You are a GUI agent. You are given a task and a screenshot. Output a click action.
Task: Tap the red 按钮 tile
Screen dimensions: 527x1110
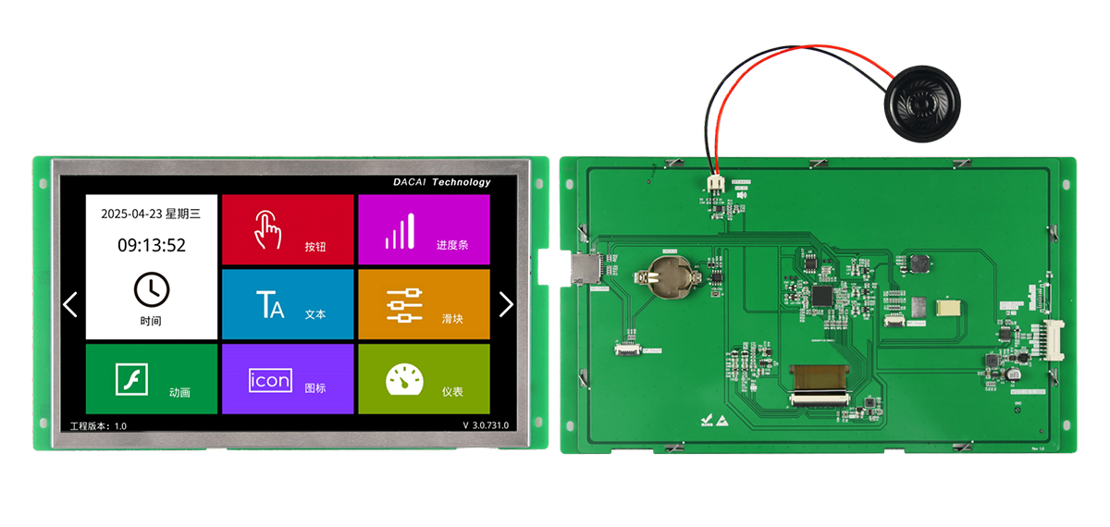tap(288, 229)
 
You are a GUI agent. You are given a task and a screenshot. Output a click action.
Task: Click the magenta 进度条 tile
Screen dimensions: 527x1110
tap(424, 229)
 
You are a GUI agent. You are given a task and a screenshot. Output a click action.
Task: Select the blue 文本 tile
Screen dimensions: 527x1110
tap(288, 304)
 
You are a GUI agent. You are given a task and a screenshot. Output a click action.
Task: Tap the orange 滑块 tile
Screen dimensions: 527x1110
tap(424, 304)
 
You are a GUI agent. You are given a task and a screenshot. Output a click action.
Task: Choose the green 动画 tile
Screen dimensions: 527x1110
tap(152, 379)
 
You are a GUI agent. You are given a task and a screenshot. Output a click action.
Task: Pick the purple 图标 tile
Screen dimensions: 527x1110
tap(288, 379)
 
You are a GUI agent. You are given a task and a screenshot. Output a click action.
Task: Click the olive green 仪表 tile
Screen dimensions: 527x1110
tap(424, 379)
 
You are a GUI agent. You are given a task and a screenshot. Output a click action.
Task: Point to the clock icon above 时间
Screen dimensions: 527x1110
tap(152, 289)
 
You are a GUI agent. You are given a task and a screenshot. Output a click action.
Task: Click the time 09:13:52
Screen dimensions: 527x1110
tap(152, 245)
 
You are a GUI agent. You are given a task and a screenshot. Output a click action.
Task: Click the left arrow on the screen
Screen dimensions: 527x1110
tap(70, 304)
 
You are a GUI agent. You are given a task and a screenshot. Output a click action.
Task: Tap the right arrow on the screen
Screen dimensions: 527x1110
tap(506, 304)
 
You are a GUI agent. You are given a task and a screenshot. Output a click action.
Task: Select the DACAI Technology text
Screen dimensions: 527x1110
tap(441, 182)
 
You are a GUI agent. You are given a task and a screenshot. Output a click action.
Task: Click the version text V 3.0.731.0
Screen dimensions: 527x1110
tap(486, 425)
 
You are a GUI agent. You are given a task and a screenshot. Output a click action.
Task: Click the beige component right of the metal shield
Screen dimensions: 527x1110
tap(948, 308)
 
